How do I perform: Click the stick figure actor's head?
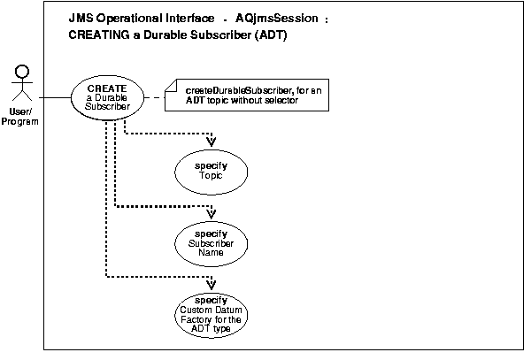[24, 70]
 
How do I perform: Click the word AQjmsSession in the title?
[278, 19]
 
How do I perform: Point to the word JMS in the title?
[81, 19]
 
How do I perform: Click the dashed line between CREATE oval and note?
[155, 96]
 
